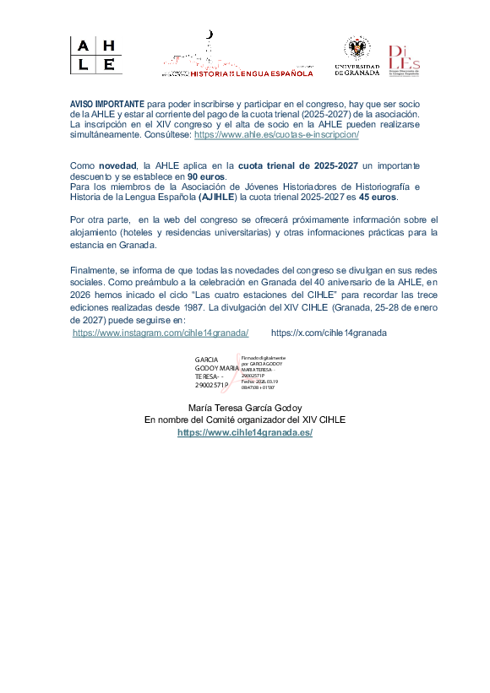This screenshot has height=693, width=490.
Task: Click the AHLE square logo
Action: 95,56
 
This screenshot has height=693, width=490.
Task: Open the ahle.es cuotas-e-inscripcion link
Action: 276,134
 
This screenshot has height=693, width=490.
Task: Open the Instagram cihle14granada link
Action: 161,333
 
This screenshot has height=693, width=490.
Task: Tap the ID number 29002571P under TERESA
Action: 212,385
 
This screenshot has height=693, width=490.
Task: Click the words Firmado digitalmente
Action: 264,358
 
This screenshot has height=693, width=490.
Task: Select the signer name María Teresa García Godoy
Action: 244,407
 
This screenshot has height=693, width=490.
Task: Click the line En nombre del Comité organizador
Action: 244,419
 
